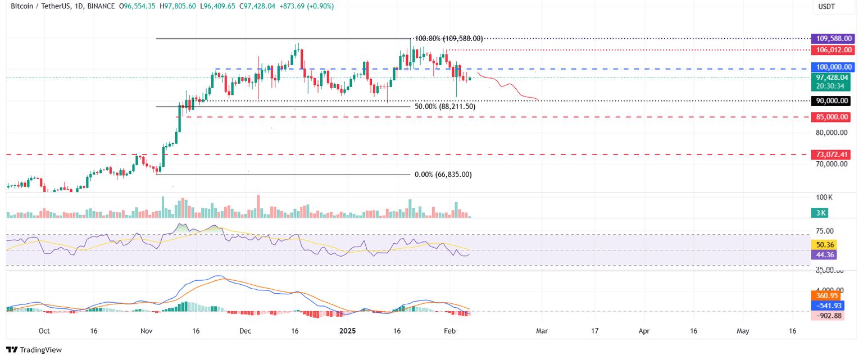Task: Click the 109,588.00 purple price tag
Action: pyautogui.click(x=832, y=39)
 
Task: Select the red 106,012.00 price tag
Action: pyautogui.click(x=832, y=50)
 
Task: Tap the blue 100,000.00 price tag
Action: pyautogui.click(x=832, y=67)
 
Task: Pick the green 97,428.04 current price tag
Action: pyautogui.click(x=832, y=78)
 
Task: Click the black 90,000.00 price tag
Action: pyautogui.click(x=832, y=101)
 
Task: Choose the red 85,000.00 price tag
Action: pyautogui.click(x=832, y=117)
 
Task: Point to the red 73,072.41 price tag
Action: pyautogui.click(x=832, y=154)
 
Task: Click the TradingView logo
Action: pyautogui.click(x=34, y=350)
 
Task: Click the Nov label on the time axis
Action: pyautogui.click(x=147, y=331)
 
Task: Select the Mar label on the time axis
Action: pyautogui.click(x=542, y=331)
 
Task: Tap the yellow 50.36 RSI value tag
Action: pyautogui.click(x=824, y=245)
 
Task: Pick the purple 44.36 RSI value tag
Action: pyautogui.click(x=824, y=255)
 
